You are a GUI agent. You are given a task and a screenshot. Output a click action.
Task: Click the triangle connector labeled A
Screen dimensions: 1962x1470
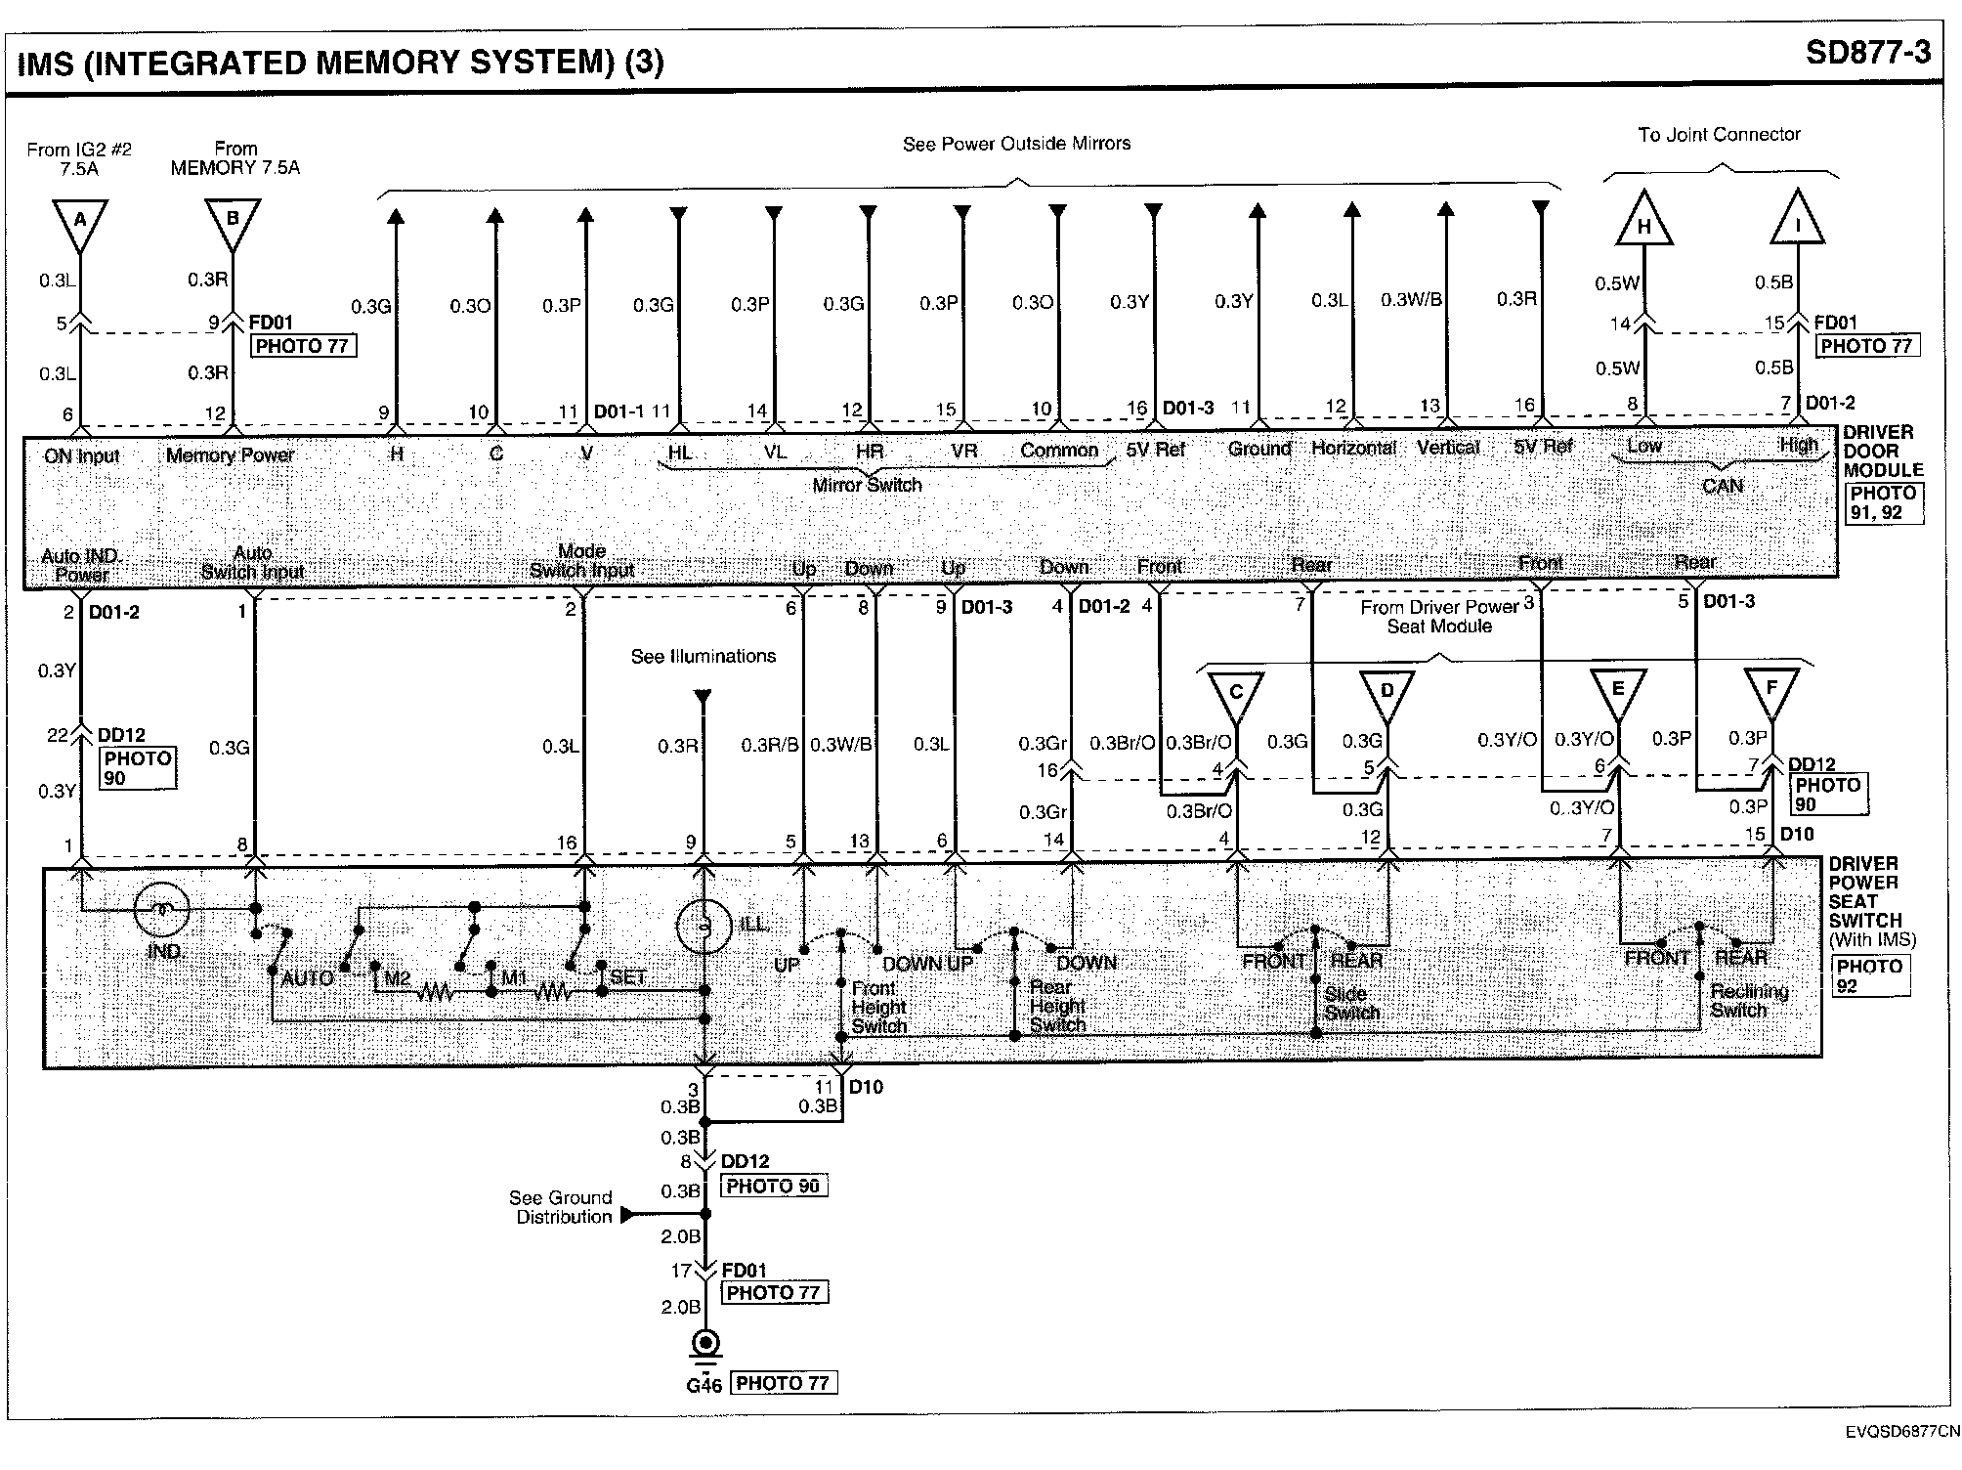[x=79, y=222]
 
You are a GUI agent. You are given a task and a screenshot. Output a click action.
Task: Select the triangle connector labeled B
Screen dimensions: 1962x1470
[x=233, y=221]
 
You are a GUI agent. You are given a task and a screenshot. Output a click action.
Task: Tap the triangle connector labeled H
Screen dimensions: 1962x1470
[x=1644, y=222]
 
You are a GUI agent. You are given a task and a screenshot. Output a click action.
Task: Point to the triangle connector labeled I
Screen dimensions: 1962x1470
[x=1798, y=222]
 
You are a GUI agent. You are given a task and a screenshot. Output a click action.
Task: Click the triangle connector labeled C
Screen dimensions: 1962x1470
[x=1236, y=694]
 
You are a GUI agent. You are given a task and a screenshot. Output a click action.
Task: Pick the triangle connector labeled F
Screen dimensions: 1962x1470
[x=1771, y=690]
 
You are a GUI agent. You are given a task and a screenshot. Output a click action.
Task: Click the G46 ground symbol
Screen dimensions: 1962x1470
[x=704, y=1345]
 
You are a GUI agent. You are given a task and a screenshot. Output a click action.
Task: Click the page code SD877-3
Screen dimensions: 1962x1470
[x=1867, y=52]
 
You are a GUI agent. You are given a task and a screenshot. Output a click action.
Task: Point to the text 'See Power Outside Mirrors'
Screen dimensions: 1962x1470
[x=1016, y=144]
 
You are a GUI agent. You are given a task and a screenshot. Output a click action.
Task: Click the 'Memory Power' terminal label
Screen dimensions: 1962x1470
[x=230, y=454]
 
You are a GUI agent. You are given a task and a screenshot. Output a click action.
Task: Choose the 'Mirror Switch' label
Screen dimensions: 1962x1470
[x=867, y=485]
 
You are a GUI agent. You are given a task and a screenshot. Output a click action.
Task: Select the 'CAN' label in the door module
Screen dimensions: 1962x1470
[x=1722, y=486]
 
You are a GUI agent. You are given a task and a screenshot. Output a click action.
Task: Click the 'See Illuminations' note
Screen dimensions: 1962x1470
[x=703, y=656]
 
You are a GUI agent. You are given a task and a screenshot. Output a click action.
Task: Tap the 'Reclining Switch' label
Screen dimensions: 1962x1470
[x=1748, y=1000]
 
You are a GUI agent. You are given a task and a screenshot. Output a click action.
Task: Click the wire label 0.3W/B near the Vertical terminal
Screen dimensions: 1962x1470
[x=1411, y=299]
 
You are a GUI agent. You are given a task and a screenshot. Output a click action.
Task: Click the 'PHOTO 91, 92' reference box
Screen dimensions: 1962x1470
[x=1884, y=503]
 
